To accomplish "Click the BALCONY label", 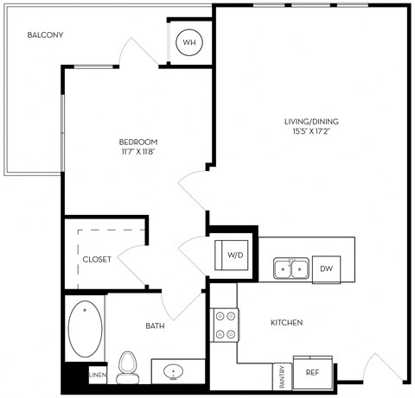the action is point(45,35).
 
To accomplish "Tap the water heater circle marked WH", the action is point(189,42).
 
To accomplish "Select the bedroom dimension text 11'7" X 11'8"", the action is point(138,152).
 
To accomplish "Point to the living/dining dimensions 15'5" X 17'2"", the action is point(311,131).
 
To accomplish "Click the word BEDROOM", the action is point(138,142).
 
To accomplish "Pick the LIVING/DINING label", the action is point(311,122).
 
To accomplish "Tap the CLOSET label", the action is point(97,259).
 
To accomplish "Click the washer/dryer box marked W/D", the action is point(232,256).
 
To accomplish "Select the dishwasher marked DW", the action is point(326,269).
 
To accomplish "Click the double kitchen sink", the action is point(291,268).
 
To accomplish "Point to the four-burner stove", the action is point(225,325).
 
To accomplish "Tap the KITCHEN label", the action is point(287,323).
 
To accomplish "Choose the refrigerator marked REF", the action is point(313,372).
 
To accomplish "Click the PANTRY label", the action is point(282,376).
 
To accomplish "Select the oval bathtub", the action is point(85,329).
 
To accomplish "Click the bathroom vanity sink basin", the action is point(173,371).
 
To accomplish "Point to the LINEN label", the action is point(98,375).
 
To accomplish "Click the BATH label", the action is point(155,325).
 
